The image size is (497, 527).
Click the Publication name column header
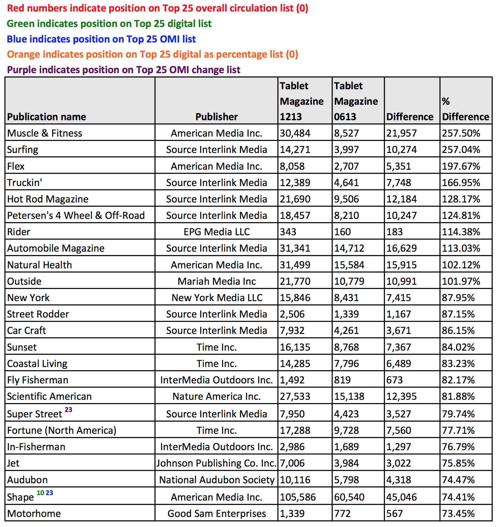pyautogui.click(x=46, y=117)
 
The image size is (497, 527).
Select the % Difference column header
pyautogui.click(x=465, y=109)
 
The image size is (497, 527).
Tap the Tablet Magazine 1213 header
pyautogui.click(x=302, y=101)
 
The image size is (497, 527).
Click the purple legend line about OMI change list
pyautogui.click(x=123, y=70)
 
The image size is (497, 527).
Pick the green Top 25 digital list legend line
pyautogui.click(x=109, y=24)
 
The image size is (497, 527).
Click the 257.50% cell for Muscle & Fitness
pyautogui.click(x=461, y=133)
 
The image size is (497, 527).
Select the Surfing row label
pyautogui.click(x=23, y=150)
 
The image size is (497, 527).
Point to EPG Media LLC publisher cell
pyautogui.click(x=217, y=232)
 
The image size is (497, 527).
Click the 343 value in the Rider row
pyautogui.click(x=288, y=232)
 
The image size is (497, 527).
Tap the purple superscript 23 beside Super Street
pyautogui.click(x=69, y=410)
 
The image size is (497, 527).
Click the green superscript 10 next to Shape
pyautogui.click(x=40, y=493)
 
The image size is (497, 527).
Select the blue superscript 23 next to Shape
pyautogui.click(x=49, y=493)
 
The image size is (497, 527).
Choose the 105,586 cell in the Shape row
pyautogui.click(x=298, y=497)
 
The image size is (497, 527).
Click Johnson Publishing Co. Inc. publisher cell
pyautogui.click(x=216, y=463)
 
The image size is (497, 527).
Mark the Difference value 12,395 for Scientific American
pyautogui.click(x=401, y=396)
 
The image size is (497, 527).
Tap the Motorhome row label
pyautogui.click(x=34, y=514)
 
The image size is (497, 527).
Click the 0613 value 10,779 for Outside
pyautogui.click(x=349, y=281)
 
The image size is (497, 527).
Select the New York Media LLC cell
pyautogui.click(x=217, y=298)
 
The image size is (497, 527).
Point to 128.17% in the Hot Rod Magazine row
pyautogui.click(x=461, y=199)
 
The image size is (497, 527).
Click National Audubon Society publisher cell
pyautogui.click(x=217, y=480)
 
